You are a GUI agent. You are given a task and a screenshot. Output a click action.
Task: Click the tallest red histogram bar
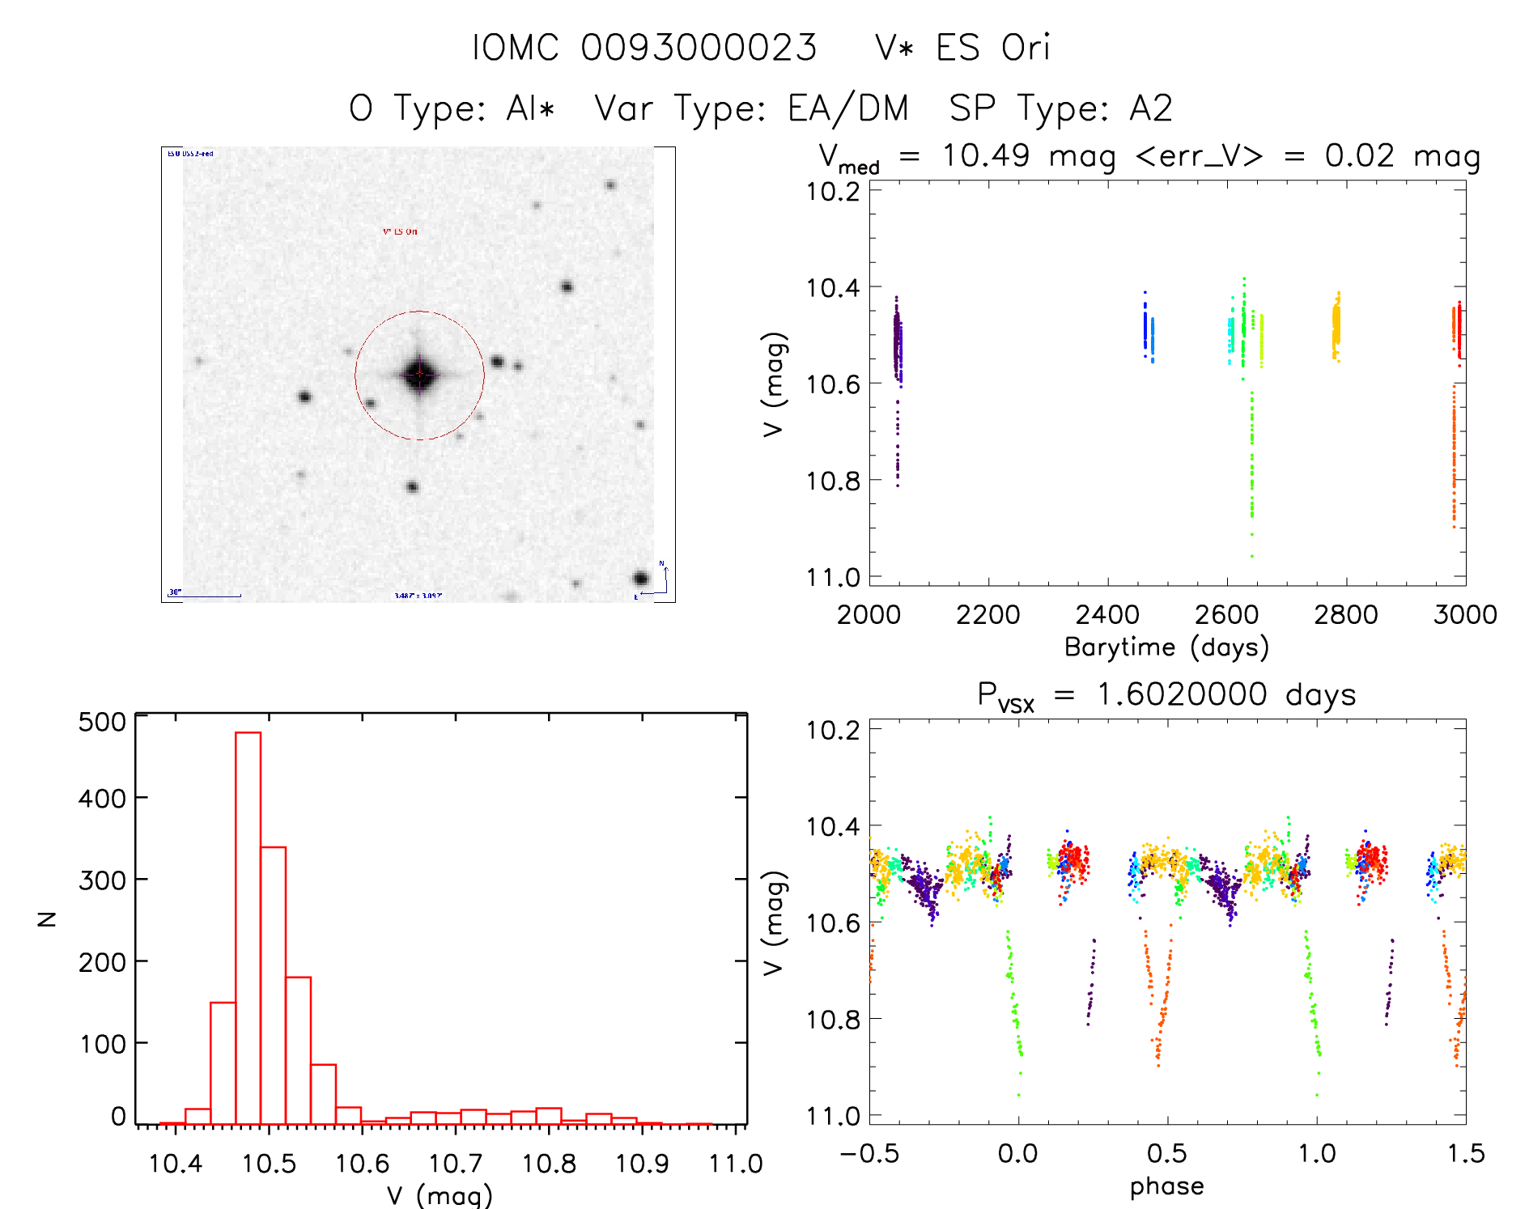[x=248, y=927]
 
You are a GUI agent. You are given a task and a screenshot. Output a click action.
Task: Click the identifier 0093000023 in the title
[x=699, y=48]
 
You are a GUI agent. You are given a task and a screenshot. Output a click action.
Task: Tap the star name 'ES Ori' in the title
[x=992, y=48]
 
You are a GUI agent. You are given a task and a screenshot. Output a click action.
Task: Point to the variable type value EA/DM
[x=848, y=108]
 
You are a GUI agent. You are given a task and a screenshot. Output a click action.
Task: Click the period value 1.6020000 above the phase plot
[x=1181, y=694]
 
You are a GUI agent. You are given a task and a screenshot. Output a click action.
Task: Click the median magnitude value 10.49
[x=985, y=155]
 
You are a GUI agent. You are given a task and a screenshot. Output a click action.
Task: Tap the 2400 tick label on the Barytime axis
[x=1106, y=615]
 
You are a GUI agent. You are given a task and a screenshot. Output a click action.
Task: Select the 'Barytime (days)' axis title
[x=1166, y=647]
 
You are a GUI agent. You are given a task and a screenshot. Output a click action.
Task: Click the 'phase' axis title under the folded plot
[x=1166, y=1186]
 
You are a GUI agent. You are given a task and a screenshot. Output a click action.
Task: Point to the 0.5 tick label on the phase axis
[x=1166, y=1153]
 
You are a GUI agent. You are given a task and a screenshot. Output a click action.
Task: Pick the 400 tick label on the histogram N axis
[x=102, y=799]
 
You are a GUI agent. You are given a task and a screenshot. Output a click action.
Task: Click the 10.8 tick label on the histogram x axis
[x=549, y=1164]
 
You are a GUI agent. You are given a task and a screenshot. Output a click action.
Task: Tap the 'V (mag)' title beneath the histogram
[x=440, y=1195]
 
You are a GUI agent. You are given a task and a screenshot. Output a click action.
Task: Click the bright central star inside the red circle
[x=419, y=374]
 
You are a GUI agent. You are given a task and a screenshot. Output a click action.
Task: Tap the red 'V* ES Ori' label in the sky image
[x=400, y=231]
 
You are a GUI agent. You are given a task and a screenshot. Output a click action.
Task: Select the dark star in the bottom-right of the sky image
[x=640, y=579]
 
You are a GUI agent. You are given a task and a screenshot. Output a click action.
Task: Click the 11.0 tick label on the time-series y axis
[x=833, y=577]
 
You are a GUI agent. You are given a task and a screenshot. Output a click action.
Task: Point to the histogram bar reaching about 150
[x=223, y=1063]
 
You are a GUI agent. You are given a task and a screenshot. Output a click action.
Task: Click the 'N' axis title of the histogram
[x=48, y=918]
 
